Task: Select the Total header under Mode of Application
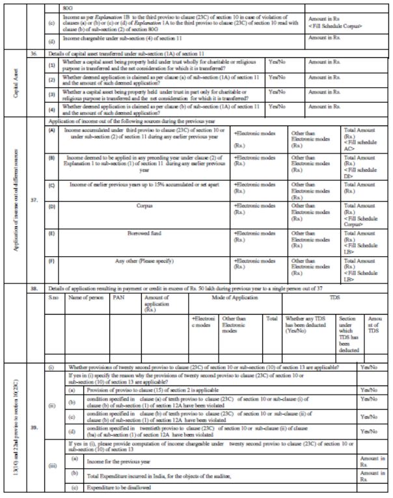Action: click(x=272, y=319)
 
